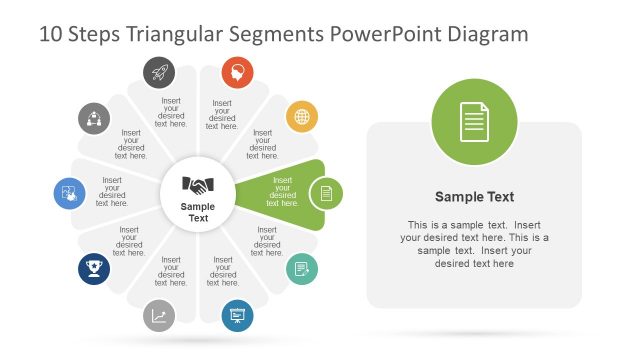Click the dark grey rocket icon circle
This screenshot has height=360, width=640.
(x=159, y=72)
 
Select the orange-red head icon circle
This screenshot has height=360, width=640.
(x=237, y=72)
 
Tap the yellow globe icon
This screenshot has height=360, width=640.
(x=302, y=117)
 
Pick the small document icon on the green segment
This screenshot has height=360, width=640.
(x=325, y=193)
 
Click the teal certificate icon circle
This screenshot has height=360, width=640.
(x=301, y=269)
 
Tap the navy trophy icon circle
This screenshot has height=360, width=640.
(x=94, y=269)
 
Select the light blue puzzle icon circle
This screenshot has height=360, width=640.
(x=70, y=193)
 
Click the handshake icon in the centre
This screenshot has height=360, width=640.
(x=198, y=185)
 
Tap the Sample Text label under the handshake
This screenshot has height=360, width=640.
(x=198, y=212)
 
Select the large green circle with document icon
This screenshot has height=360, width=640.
(x=474, y=123)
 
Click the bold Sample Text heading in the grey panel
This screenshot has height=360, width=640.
(x=474, y=197)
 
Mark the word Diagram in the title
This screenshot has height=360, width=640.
(x=487, y=35)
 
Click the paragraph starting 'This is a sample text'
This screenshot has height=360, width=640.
(x=474, y=244)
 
